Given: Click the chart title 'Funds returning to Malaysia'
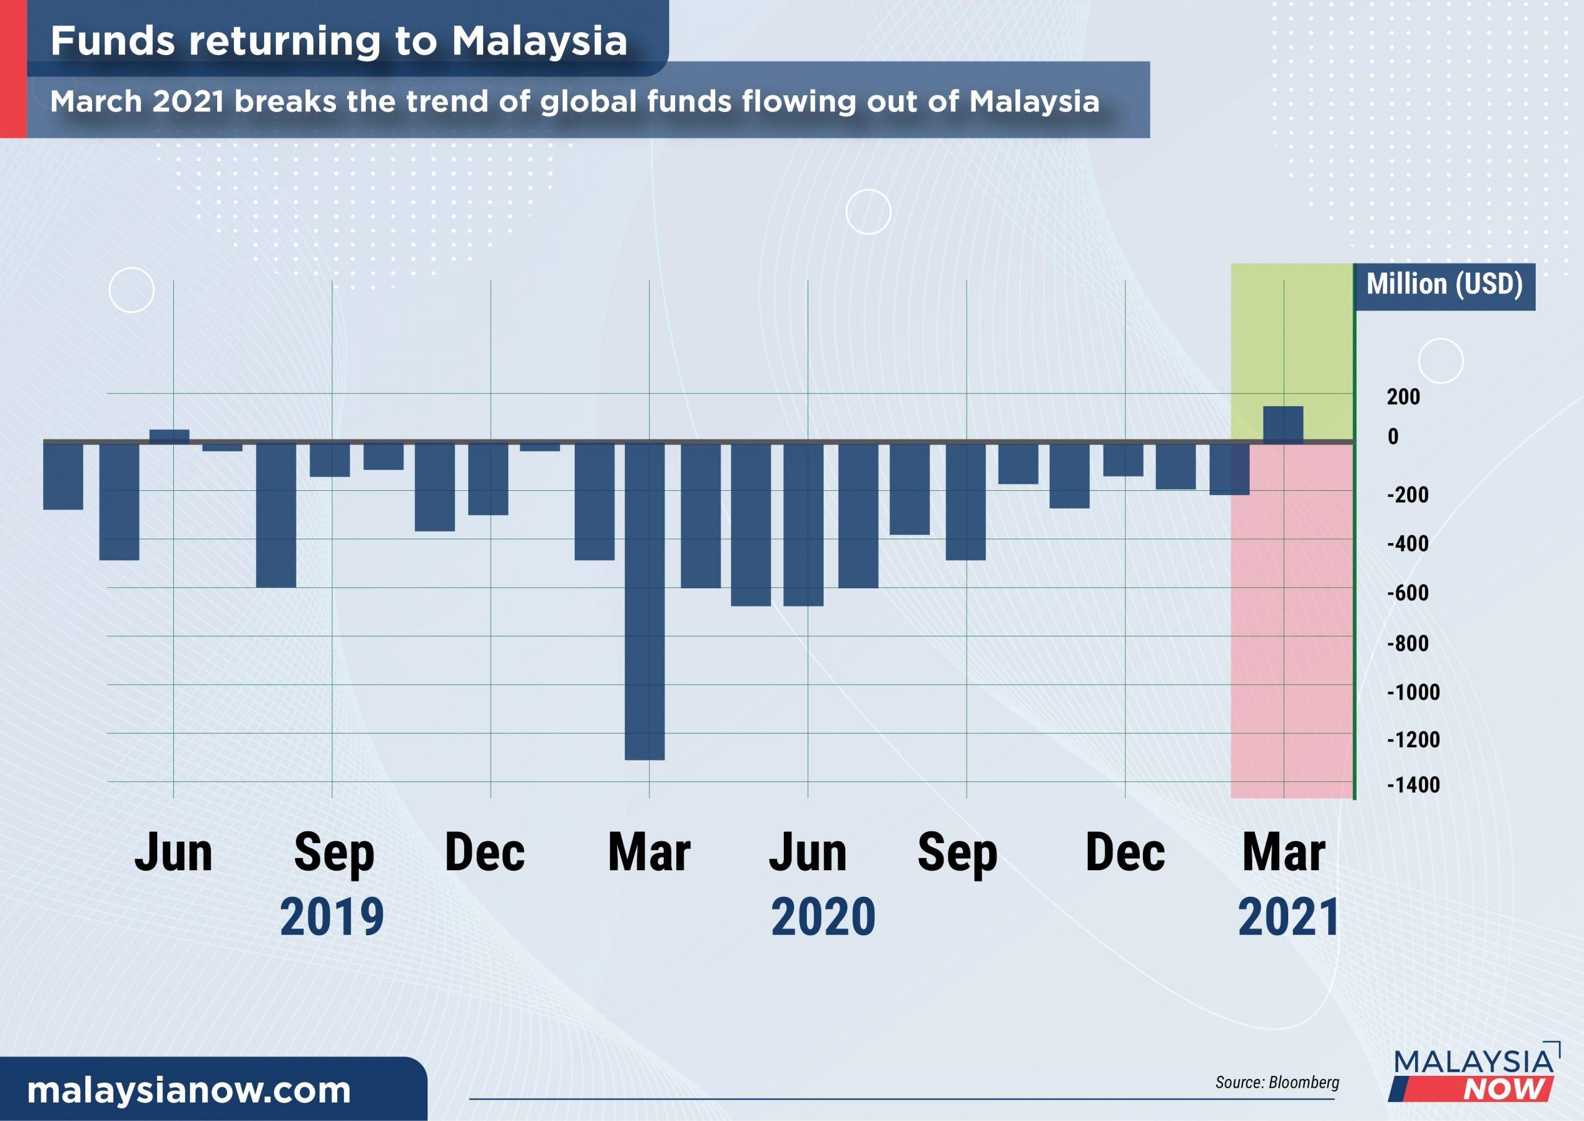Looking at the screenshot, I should coord(338,41).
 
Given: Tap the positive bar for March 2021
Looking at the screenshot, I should coord(1283,425).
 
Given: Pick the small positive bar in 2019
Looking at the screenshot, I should coord(169,436).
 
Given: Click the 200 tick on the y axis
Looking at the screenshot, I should coord(1403,396).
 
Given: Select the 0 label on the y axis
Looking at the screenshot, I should coord(1393,436).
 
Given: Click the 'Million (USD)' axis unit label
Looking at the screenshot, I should coord(1444,284).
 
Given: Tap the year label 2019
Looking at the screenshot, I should coord(332,917).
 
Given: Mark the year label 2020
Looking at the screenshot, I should coord(823,917).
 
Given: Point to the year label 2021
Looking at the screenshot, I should coord(1288,917).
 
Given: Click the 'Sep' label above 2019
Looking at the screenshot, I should coord(334,854).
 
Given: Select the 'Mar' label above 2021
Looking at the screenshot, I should coord(1283,854).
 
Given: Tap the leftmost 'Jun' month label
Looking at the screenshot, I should coord(173,854).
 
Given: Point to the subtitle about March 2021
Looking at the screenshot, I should coord(575,102).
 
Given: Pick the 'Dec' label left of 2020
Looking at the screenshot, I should coord(485,854).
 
